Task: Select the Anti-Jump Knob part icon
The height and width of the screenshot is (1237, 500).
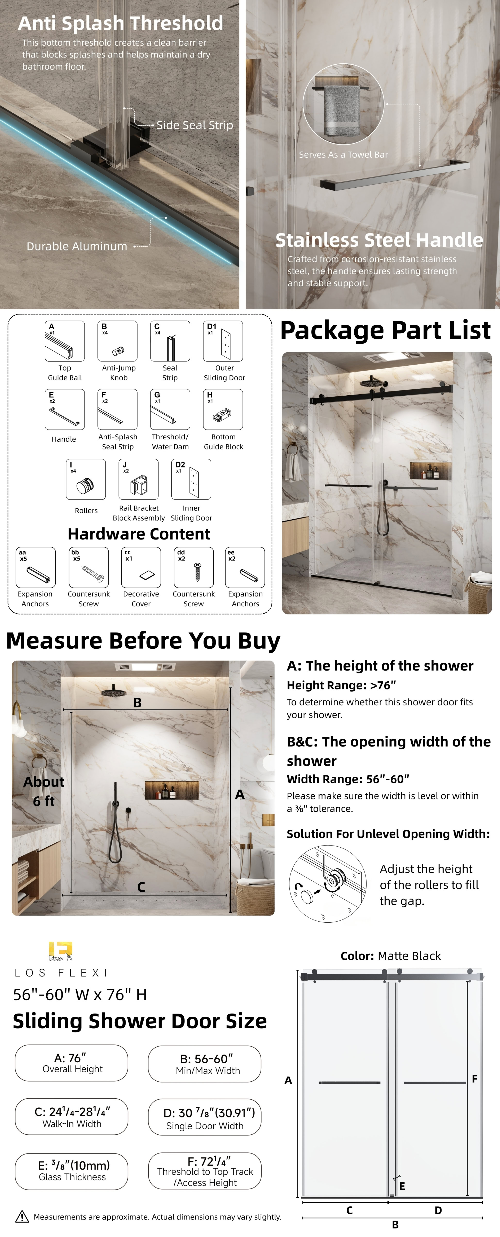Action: [117, 341]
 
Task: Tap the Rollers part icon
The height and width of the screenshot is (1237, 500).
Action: [86, 479]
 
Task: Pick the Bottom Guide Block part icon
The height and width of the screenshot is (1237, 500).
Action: [223, 409]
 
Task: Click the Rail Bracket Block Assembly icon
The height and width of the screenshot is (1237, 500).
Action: [138, 479]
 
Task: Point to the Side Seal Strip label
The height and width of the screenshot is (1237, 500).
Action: [195, 125]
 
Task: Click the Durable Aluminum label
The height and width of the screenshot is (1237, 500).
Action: [77, 246]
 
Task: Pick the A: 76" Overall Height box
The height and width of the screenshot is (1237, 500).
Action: [72, 1063]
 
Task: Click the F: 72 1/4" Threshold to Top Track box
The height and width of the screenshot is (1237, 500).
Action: [205, 1171]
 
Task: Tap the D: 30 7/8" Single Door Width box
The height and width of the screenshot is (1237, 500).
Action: [205, 1117]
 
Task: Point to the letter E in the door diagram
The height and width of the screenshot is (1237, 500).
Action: [402, 1186]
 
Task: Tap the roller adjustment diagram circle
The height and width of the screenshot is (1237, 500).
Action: [328, 884]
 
